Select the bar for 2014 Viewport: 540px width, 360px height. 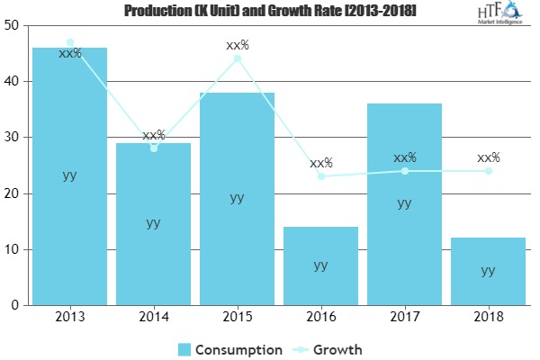(x=153, y=224)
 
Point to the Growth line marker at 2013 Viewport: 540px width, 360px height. (x=69, y=42)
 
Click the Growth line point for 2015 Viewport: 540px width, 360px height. (x=237, y=59)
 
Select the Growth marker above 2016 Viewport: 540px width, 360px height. (x=320, y=176)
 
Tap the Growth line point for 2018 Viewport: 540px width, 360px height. (x=488, y=171)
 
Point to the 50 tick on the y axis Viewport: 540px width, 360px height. (x=14, y=26)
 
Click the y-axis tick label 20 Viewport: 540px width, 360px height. (x=14, y=193)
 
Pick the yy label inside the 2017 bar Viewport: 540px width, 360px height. (x=404, y=203)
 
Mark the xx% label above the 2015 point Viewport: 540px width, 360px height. (x=237, y=44)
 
